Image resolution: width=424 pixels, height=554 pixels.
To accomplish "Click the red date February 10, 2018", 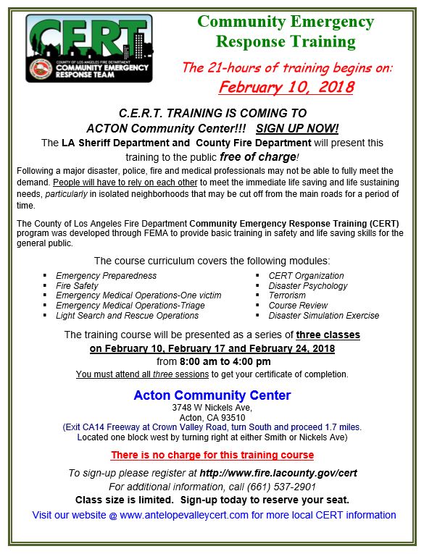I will pos(286,88).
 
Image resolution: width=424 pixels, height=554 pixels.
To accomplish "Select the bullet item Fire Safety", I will pos(77,285).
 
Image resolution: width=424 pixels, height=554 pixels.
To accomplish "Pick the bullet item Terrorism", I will pos(287,295).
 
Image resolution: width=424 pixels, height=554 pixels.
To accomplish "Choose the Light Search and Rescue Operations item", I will pos(127,316).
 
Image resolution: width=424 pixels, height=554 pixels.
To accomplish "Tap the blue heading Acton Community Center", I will pos(212,395).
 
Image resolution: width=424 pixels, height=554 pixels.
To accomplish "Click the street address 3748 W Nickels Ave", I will pos(212,408).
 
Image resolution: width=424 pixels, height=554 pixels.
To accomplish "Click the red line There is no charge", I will pos(212,455).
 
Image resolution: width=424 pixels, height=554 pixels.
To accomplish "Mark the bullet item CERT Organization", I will pos(306,275).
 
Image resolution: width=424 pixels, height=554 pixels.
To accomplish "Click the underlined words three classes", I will pos(328,335).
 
